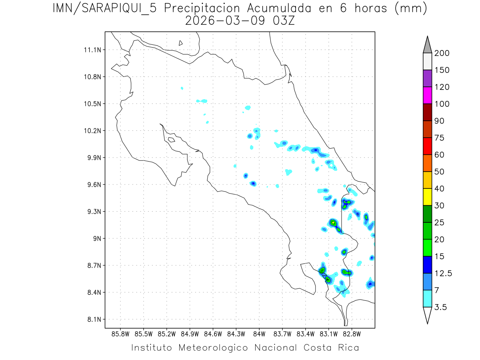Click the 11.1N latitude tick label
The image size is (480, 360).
point(92,50)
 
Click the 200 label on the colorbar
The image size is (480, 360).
point(442,53)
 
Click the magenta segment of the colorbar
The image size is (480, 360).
point(427,96)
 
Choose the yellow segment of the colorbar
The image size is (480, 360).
point(427,197)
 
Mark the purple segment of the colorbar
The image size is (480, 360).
point(427,78)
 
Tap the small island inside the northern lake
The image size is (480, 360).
point(181,43)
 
